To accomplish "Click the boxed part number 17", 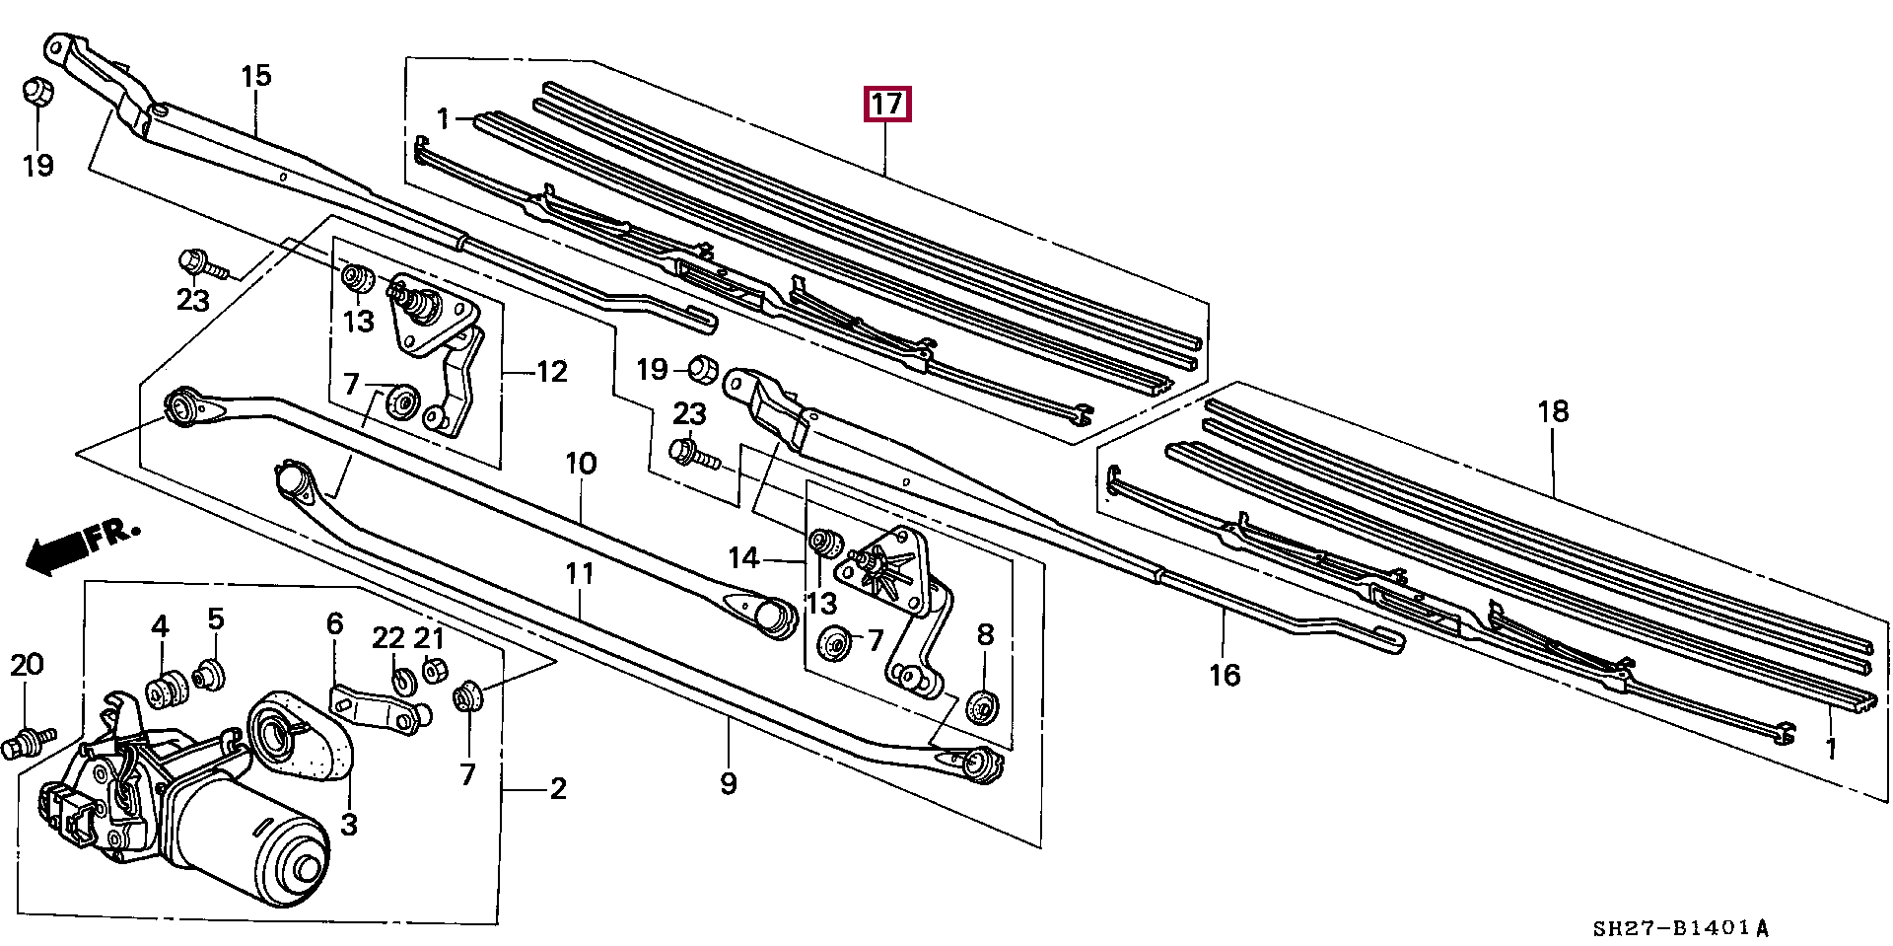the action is pos(886,105).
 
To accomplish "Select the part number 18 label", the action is pos(1552,411).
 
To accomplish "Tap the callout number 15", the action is pos(254,76).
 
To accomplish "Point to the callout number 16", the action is pos(1224,675).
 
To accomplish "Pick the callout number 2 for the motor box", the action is pos(558,789).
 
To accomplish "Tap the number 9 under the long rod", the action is pos(728,784).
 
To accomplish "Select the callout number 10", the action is pos(581,463).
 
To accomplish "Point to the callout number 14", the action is pos(743,559).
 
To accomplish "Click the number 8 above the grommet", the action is pos(985,635).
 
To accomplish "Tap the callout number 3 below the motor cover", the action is pos(349,823).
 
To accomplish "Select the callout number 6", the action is pos(334,623).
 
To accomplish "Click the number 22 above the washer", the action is pos(389,638).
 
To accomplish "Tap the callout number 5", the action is pos(216,619).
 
